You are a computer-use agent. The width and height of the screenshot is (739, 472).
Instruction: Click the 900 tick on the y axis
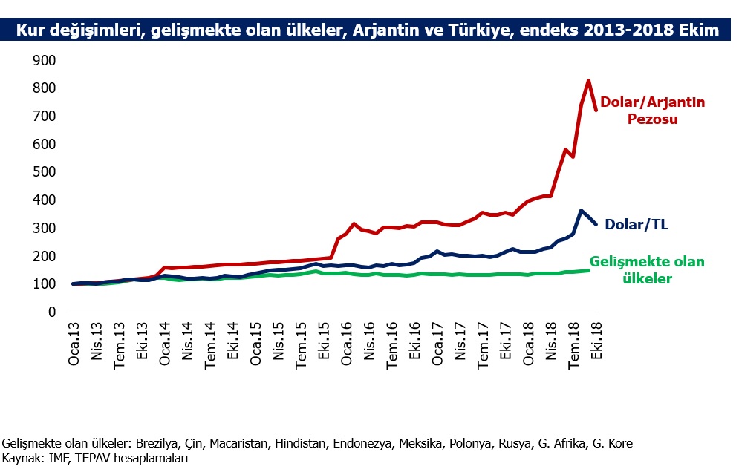[x=45, y=60]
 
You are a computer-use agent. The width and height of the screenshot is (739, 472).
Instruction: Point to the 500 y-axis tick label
[x=45, y=172]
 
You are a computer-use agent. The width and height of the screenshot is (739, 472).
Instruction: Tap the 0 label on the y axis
[x=52, y=312]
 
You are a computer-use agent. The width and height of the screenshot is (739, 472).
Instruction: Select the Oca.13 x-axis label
[x=74, y=344]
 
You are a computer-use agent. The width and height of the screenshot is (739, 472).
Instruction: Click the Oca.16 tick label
[x=346, y=344]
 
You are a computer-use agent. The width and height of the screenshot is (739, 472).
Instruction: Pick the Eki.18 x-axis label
[x=596, y=341]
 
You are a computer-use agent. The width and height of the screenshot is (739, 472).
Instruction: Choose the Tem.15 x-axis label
[x=301, y=345]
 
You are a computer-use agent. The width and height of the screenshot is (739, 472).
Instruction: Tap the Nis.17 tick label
[x=460, y=341]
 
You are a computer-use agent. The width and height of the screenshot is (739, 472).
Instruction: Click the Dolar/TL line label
[x=637, y=224]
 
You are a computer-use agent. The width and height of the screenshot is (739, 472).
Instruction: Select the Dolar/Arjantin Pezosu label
[x=653, y=111]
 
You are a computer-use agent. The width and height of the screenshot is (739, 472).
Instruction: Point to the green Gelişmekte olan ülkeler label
[x=647, y=270]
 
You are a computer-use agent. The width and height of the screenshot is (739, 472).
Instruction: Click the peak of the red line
[x=589, y=81]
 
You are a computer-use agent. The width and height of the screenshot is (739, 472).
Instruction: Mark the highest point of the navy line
[x=581, y=211]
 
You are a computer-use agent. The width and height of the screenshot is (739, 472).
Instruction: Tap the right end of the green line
[x=589, y=270]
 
